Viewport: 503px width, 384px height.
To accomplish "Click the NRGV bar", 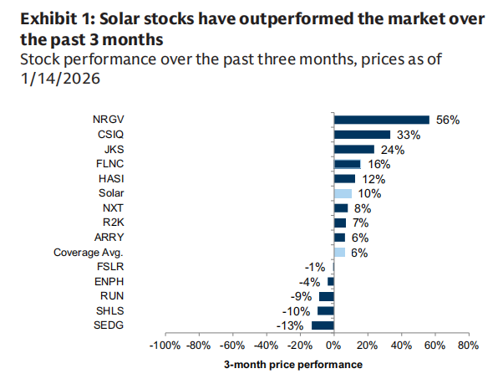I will tap(382, 120).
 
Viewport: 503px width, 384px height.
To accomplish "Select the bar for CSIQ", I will tap(362, 135).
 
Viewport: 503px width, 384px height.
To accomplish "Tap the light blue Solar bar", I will tap(343, 193).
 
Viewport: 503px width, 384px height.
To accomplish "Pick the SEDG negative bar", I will tap(323, 325).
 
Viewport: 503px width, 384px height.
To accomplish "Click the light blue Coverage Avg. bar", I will tap(339, 252).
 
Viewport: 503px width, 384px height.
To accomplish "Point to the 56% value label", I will tap(448, 120).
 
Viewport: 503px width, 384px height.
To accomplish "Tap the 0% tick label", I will tap(333, 345).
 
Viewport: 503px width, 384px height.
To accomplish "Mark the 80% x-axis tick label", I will tap(469, 345).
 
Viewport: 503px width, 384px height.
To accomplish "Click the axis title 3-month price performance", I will tap(292, 365).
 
